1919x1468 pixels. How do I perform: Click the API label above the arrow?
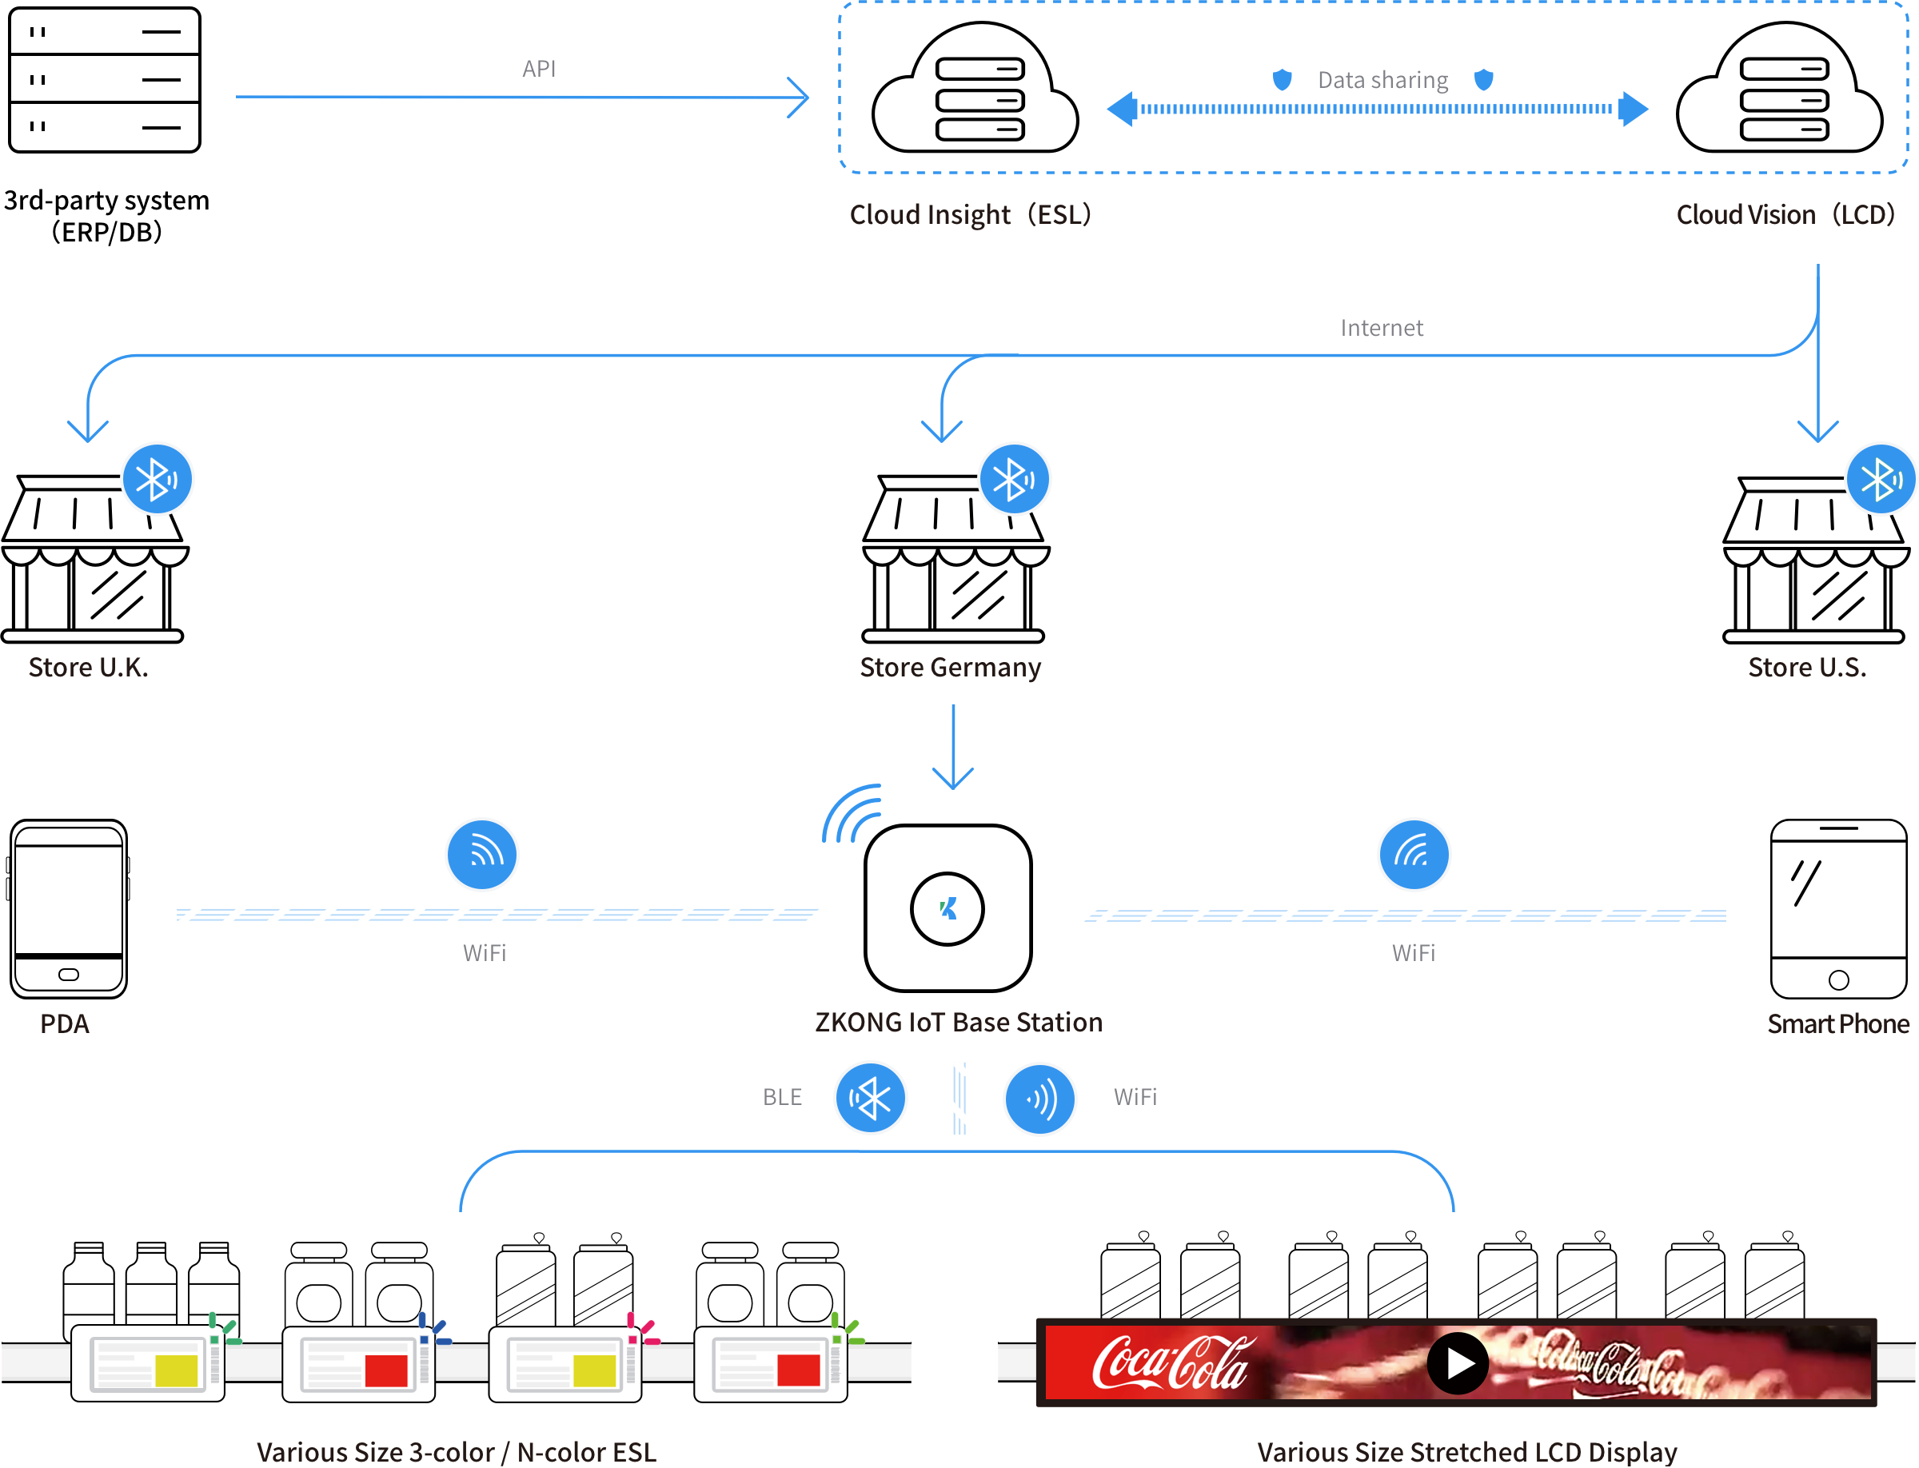click(538, 69)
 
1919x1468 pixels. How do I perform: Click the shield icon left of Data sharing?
click(1281, 81)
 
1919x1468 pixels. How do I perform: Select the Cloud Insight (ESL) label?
click(970, 214)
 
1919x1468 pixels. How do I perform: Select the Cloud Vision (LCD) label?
click(1785, 214)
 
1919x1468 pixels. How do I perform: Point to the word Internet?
click(1381, 328)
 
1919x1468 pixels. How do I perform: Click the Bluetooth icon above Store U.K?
click(158, 479)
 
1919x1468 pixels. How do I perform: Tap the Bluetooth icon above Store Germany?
click(1014, 479)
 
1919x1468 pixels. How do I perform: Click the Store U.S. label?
click(1806, 668)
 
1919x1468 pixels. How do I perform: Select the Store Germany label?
click(950, 668)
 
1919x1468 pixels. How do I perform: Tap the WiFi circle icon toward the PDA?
click(481, 854)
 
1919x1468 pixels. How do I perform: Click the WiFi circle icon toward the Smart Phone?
click(1413, 854)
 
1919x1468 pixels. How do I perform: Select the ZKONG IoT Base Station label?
click(958, 1023)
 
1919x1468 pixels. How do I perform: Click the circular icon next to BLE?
click(871, 1098)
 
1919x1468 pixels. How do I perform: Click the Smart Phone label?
click(1837, 1023)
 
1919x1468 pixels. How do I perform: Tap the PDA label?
click(65, 1023)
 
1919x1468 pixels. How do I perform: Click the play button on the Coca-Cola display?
click(1457, 1362)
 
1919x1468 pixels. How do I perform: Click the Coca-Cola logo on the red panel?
click(1170, 1363)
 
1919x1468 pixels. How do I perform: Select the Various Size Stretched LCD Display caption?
click(1466, 1451)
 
